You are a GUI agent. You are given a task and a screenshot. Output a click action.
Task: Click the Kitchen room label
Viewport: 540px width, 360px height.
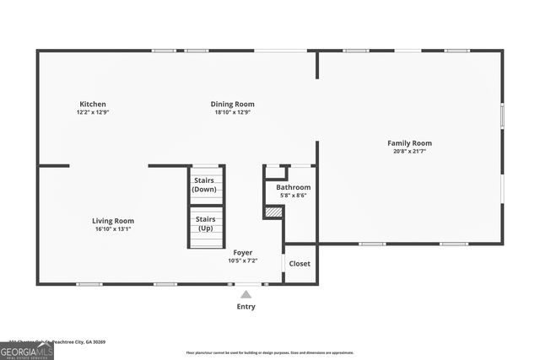[93, 105]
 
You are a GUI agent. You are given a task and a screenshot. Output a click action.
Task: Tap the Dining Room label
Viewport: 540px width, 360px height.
[232, 105]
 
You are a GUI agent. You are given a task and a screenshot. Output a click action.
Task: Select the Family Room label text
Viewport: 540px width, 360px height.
[409, 143]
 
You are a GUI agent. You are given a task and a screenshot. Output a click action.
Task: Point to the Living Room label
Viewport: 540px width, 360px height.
[113, 221]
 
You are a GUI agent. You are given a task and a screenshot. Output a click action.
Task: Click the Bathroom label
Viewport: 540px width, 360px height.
[293, 187]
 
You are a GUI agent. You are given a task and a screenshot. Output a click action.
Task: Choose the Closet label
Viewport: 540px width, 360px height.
[300, 264]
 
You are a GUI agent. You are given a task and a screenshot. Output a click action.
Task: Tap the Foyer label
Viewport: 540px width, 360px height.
[243, 253]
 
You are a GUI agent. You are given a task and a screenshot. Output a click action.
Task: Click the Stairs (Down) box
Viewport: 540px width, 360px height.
[205, 185]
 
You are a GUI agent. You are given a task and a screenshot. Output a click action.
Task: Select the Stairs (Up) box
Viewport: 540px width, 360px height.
[205, 225]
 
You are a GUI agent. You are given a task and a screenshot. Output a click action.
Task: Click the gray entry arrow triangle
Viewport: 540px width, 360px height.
[246, 294]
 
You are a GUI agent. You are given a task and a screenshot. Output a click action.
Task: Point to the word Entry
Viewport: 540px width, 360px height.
[246, 307]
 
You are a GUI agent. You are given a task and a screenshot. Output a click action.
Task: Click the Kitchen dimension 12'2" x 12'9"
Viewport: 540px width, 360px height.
[93, 112]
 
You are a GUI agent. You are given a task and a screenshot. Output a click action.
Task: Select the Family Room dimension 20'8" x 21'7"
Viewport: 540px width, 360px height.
[409, 152]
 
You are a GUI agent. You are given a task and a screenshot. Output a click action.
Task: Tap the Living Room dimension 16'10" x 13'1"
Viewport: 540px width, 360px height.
[113, 228]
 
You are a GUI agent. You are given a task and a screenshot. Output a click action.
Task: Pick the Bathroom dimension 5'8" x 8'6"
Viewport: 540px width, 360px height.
[293, 195]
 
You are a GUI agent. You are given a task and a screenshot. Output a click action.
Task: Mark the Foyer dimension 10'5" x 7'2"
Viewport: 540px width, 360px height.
[243, 261]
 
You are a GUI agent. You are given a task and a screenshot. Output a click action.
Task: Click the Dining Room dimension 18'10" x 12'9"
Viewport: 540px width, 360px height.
[232, 112]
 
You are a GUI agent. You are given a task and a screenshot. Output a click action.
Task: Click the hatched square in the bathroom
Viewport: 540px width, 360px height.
[273, 212]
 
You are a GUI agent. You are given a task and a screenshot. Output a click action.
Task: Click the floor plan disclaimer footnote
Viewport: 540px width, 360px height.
[270, 353]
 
